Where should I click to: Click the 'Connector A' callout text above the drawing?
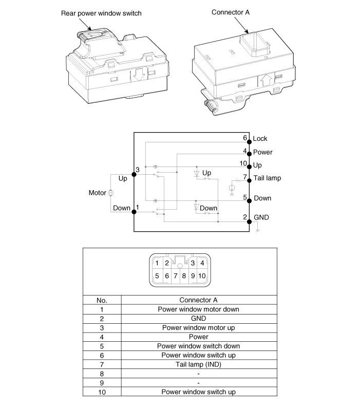coord(231,12)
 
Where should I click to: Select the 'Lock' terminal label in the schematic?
coord(260,139)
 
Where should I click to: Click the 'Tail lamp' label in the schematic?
coord(267,178)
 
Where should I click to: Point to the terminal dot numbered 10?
coord(249,165)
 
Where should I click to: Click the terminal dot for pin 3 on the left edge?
coord(134,174)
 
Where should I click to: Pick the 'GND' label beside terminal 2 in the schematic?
coord(261,217)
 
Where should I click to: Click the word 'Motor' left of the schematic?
coord(97,193)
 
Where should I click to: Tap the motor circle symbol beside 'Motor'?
coord(110,193)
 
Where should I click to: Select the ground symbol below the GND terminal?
coord(257,231)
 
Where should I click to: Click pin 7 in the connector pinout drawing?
coord(176,276)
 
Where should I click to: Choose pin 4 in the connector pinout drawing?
coord(202,263)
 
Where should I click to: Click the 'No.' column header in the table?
coord(102,300)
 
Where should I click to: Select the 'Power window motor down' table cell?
coord(198,309)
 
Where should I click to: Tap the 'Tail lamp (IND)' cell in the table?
coord(198,364)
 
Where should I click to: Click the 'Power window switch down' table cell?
coord(198,346)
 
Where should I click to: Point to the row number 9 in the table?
coord(102,383)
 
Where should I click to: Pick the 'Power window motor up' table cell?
coord(198,328)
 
